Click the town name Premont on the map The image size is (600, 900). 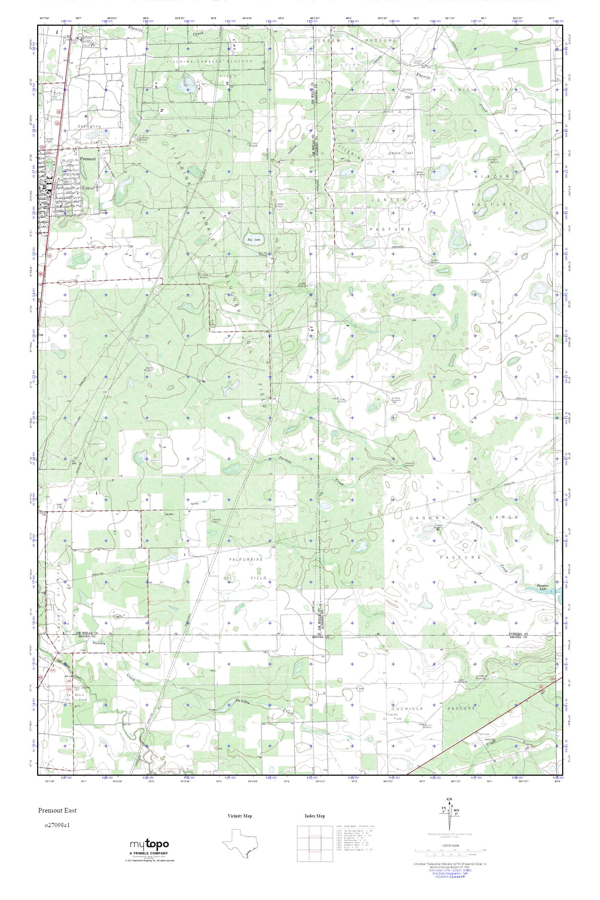(x=87, y=159)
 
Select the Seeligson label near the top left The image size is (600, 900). (x=89, y=126)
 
